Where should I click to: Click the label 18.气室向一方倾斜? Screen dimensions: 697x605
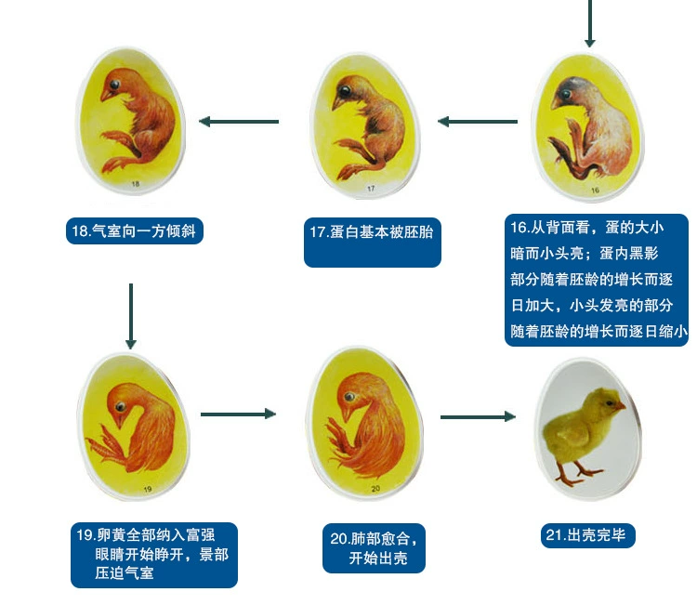click(x=135, y=230)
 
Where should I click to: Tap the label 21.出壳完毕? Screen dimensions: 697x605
click(x=589, y=535)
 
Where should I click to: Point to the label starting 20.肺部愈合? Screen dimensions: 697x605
click(x=375, y=549)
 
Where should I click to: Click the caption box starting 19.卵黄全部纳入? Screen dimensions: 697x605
click(x=154, y=554)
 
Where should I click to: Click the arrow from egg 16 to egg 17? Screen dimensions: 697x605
click(x=479, y=122)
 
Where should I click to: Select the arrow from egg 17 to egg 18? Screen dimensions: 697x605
click(x=239, y=122)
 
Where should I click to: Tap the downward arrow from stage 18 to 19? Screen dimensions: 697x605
click(x=130, y=316)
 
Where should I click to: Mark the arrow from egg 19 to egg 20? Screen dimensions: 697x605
click(x=239, y=414)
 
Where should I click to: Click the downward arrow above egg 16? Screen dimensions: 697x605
click(x=589, y=23)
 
